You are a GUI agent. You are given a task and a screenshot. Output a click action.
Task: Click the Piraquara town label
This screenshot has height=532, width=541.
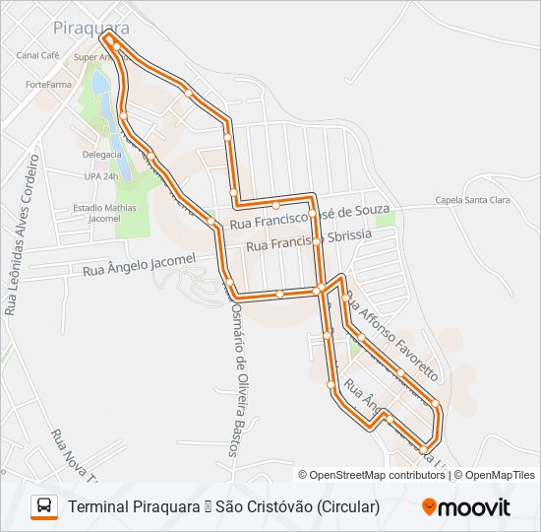click(91, 29)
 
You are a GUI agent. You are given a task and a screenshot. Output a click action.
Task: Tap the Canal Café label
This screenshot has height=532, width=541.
click(38, 56)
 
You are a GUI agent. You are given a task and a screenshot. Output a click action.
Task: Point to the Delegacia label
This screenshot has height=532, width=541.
click(102, 156)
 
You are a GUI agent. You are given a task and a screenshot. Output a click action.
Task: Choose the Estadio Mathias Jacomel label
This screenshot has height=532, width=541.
click(103, 213)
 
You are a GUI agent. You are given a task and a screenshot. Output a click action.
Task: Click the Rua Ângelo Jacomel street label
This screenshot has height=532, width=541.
click(140, 264)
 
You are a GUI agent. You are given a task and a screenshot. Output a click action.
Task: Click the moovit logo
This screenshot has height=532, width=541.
click(466, 507)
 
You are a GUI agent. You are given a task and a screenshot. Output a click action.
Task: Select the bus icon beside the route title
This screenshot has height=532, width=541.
click(44, 506)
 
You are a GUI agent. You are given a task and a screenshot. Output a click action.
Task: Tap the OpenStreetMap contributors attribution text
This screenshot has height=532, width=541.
click(378, 475)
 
